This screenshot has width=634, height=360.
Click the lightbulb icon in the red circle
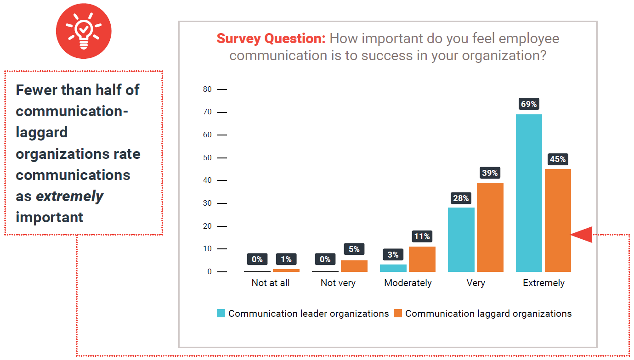84,31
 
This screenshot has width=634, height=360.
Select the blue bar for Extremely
529,193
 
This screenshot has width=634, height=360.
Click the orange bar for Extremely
558,220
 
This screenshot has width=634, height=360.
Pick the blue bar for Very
461,240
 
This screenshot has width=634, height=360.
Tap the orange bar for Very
490,227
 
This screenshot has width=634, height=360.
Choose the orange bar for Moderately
422,259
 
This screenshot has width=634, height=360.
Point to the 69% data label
529,104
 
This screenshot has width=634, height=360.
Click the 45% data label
558,159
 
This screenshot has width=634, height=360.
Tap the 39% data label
490,173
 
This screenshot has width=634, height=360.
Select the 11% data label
422,236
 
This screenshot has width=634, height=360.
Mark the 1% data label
286,259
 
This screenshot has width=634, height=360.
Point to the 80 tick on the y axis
207,90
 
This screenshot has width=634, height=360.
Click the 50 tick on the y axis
207,158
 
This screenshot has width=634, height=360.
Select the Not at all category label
271,283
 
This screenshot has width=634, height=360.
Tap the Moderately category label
408,283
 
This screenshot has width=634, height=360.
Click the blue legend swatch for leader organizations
221,314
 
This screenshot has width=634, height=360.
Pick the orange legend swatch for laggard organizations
398,314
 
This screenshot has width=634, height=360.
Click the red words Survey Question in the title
271,39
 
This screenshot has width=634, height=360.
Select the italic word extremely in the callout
69,196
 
